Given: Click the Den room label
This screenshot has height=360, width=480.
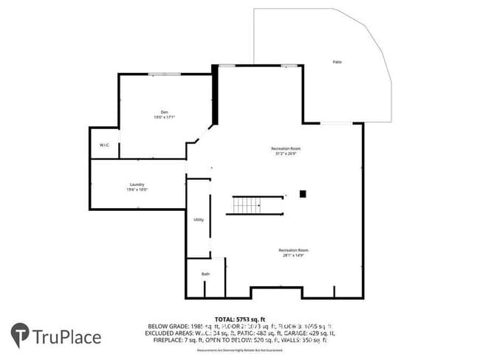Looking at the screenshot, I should click(x=156, y=112).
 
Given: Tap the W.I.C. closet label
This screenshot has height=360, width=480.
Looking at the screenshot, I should click(x=104, y=145).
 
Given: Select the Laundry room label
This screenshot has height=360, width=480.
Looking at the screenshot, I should click(x=137, y=184).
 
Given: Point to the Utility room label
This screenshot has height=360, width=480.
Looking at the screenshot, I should click(x=199, y=220).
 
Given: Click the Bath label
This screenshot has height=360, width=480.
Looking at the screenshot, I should click(x=205, y=274).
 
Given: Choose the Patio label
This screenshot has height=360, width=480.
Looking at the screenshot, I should click(x=337, y=62).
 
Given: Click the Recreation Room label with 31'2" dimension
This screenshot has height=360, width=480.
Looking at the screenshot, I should click(x=285, y=148).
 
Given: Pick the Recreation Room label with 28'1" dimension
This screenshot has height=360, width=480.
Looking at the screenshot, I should click(x=292, y=250).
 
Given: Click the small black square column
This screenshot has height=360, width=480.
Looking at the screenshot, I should click(x=302, y=194).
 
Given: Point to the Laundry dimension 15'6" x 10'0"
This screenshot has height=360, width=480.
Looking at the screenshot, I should click(x=137, y=190).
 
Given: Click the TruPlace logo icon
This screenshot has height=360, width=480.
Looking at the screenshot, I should click(x=20, y=336).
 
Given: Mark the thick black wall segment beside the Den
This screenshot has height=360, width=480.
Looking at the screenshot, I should click(x=215, y=95).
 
